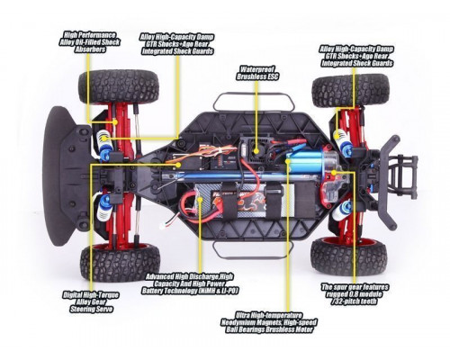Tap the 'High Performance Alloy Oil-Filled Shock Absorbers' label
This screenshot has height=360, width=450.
86,40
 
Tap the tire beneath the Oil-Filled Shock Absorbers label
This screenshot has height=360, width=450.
106,87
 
